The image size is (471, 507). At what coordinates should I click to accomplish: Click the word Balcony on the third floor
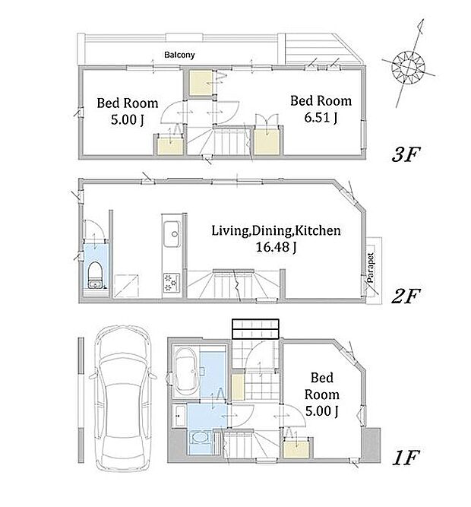[179, 55]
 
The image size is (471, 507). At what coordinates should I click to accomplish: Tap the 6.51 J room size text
[321, 118]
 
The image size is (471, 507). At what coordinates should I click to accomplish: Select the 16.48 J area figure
[276, 247]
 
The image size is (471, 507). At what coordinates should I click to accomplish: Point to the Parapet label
[371, 268]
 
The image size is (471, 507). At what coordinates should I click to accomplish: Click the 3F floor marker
[406, 154]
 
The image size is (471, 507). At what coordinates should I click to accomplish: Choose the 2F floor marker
[406, 296]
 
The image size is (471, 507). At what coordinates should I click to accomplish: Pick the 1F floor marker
[406, 457]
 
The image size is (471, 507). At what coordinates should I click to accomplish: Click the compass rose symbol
[409, 68]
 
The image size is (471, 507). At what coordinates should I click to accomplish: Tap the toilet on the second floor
[95, 275]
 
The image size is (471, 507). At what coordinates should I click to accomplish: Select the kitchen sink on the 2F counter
[172, 234]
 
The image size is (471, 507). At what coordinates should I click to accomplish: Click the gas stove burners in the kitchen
[172, 283]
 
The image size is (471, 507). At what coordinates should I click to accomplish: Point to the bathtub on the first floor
[185, 372]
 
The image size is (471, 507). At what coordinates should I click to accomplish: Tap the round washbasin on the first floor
[200, 439]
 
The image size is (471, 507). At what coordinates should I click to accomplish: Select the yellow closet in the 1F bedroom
[296, 448]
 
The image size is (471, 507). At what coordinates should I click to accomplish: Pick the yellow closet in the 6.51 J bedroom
[267, 142]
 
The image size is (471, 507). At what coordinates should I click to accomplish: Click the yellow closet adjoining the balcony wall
[201, 83]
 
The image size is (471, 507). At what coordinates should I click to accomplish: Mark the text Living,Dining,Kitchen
[276, 230]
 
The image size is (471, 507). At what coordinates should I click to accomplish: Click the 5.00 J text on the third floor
[128, 119]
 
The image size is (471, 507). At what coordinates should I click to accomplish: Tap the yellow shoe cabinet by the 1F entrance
[238, 387]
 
